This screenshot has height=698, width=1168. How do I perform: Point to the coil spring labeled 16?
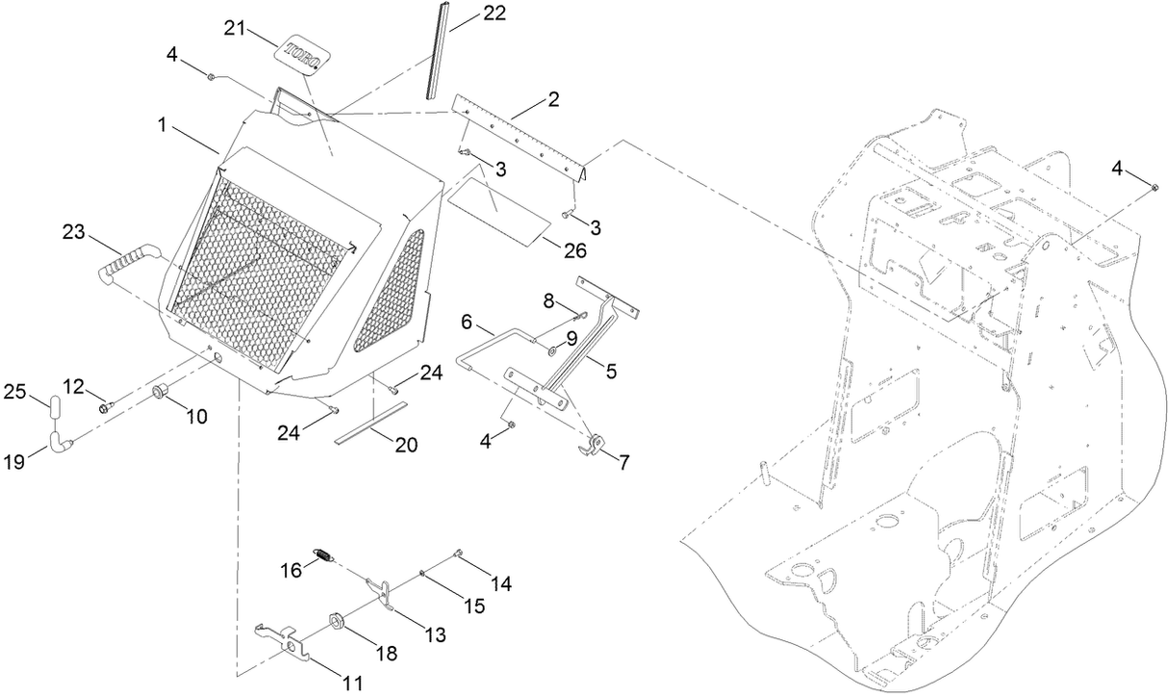325,555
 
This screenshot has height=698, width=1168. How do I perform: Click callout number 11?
352,683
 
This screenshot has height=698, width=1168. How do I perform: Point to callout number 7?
623,463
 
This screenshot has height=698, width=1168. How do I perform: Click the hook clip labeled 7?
594,445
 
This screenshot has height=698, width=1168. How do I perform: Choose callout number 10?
196,417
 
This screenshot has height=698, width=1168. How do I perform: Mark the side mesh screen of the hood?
391,291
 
